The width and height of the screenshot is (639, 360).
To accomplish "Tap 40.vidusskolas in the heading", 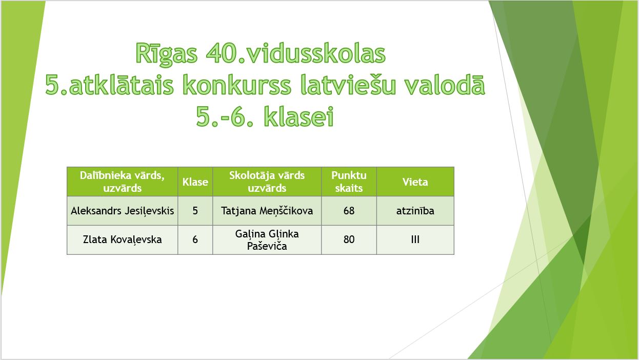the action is [x=295, y=53].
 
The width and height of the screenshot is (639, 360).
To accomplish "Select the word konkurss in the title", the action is [x=236, y=85].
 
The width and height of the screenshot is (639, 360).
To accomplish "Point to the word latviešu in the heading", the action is [x=348, y=85].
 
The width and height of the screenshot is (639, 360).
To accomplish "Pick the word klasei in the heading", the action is [x=298, y=116].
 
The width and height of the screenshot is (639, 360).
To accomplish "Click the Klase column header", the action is [x=195, y=182].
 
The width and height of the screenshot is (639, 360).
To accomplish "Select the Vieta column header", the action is [x=415, y=182].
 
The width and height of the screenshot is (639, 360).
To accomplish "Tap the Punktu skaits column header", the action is [x=349, y=182].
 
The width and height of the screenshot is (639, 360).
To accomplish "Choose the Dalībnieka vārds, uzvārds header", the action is [x=122, y=182].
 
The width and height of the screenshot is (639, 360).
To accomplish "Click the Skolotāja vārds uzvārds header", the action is [x=267, y=182].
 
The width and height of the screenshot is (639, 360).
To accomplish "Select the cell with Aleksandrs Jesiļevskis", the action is [x=122, y=211].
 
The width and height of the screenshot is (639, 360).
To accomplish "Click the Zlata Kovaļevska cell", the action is [x=122, y=239].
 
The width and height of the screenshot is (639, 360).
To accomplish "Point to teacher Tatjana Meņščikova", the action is [x=267, y=211].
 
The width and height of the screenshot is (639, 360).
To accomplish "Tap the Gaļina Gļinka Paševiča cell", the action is [x=267, y=240].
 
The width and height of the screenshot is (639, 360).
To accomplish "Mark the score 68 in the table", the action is [x=349, y=211].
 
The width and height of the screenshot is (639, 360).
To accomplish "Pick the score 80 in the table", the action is [x=349, y=239].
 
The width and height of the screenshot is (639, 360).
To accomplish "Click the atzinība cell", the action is [x=415, y=211].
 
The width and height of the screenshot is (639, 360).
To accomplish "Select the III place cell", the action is [x=415, y=239].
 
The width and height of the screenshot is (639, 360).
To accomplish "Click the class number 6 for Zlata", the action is [x=195, y=239].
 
